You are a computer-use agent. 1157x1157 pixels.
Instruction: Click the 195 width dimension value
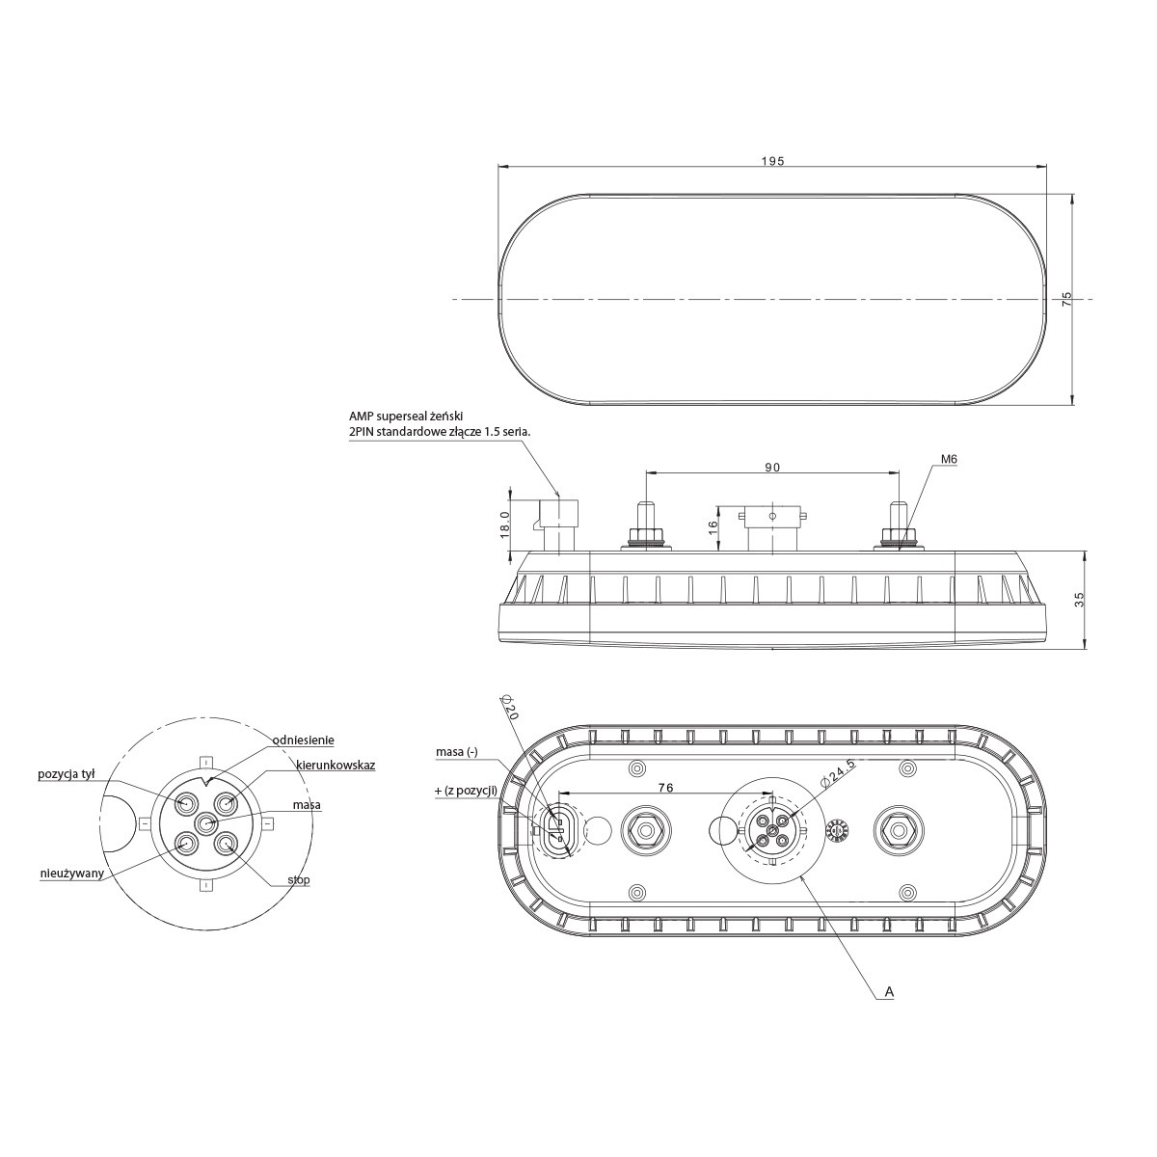point(772,161)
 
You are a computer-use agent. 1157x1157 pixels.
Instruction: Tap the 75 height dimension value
point(1067,300)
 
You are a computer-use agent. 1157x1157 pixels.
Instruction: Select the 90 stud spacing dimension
point(772,467)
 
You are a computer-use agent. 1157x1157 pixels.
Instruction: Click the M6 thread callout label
point(949,459)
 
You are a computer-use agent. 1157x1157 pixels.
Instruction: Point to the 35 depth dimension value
point(1080,600)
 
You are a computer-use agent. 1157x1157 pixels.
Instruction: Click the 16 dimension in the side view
point(713,526)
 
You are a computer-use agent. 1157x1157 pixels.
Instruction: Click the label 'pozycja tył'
point(67,774)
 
